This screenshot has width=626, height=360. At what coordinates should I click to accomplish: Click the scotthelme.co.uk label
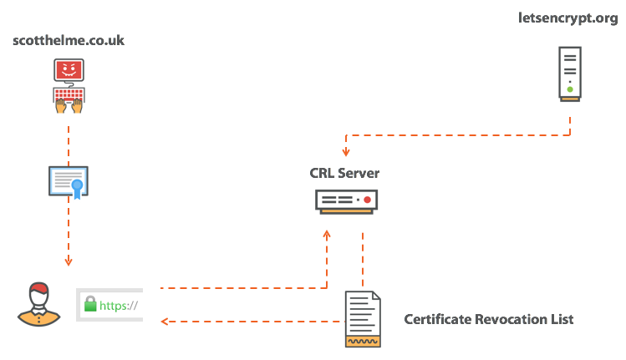(69, 40)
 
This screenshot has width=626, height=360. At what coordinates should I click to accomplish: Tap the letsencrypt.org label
(569, 19)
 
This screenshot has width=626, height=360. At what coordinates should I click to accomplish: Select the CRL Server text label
(344, 174)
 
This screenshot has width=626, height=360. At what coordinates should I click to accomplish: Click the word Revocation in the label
(515, 320)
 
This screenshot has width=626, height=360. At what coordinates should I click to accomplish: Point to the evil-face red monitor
(69, 71)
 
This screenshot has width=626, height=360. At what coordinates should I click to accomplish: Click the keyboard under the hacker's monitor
(69, 94)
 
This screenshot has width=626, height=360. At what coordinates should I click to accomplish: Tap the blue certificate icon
(69, 180)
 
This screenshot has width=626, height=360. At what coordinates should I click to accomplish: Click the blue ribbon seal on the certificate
(78, 185)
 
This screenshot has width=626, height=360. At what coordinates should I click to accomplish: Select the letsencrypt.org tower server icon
(569, 74)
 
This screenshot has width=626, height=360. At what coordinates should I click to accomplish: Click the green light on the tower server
(569, 89)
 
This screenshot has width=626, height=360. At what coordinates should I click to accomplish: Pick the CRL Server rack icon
(346, 201)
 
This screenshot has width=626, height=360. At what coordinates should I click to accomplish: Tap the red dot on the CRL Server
(366, 200)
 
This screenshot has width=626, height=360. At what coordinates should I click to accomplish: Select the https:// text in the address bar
(118, 306)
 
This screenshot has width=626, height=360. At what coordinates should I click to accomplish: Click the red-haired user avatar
(37, 304)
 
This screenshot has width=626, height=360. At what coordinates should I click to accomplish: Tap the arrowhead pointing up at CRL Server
(327, 236)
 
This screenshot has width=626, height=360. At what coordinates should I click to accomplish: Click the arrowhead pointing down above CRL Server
(345, 152)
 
